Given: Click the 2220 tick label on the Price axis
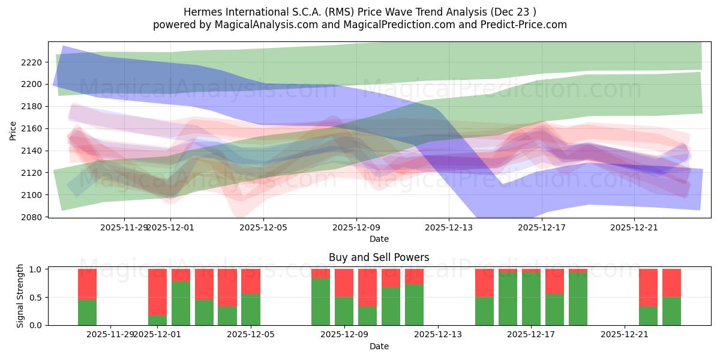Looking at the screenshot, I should pyautogui.click(x=32, y=62).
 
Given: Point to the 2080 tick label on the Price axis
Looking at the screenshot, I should pyautogui.click(x=32, y=217).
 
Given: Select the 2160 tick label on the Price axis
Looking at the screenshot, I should pyautogui.click(x=32, y=128).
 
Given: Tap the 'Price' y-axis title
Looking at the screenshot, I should pyautogui.click(x=13, y=130).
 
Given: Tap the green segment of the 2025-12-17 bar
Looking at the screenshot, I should pyautogui.click(x=532, y=299).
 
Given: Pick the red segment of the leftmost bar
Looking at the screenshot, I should pyautogui.click(x=88, y=284).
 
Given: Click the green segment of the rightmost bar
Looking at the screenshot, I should pyautogui.click(x=671, y=311).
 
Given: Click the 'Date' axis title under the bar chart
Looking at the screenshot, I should pyautogui.click(x=379, y=346).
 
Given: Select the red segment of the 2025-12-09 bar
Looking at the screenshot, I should pyautogui.click(x=344, y=283).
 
